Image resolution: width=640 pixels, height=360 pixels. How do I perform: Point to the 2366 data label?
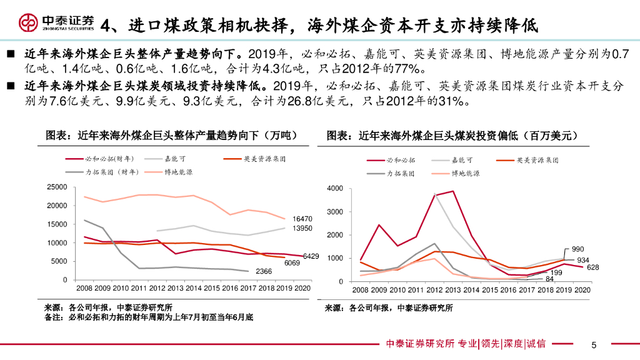click(x=264, y=271)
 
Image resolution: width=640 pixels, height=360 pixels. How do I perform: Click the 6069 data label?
click(x=292, y=263)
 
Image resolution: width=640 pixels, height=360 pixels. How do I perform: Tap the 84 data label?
click(x=550, y=279)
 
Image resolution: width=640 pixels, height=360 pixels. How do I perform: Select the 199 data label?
click(x=555, y=272)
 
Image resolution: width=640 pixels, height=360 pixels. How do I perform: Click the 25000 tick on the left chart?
click(x=57, y=187)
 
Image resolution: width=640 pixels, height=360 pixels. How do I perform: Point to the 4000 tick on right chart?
click(x=334, y=189)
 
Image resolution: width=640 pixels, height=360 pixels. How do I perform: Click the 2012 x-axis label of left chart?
click(x=158, y=289)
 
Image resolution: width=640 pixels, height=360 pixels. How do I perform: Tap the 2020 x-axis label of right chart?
click(x=581, y=290)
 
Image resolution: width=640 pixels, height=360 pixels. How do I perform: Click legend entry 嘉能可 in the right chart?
click(x=462, y=161)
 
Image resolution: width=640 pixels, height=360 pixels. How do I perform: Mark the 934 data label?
click(x=582, y=259)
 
